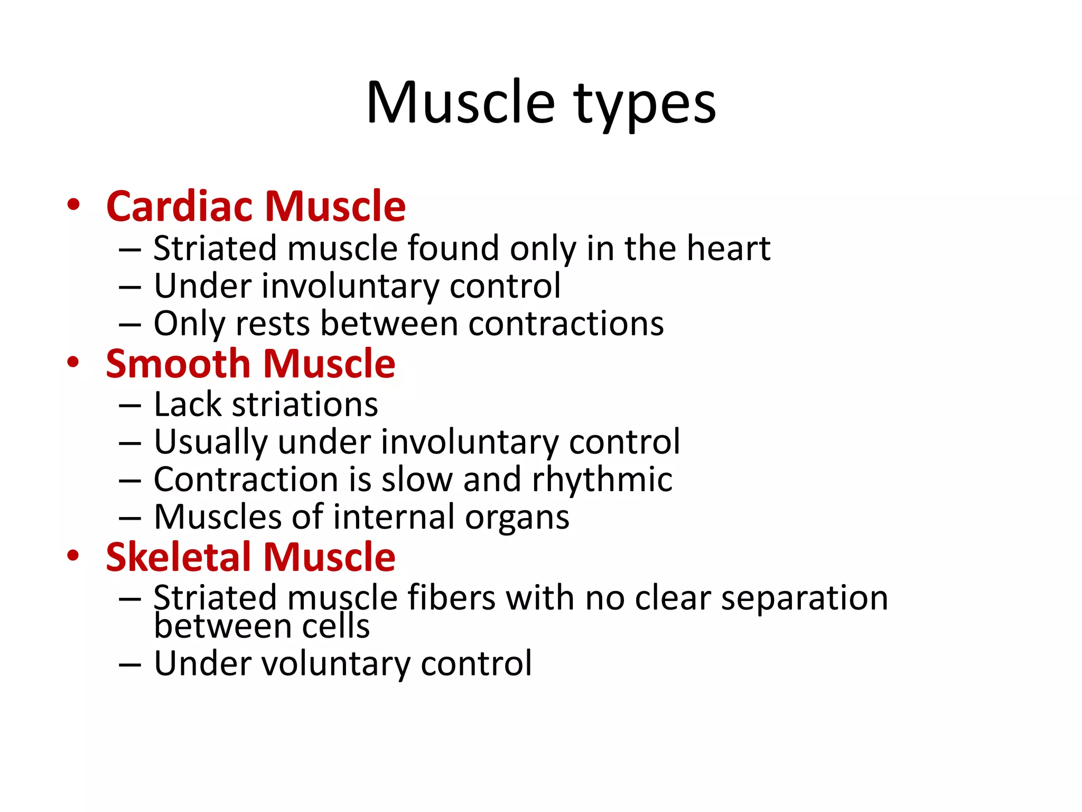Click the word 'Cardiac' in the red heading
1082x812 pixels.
181,206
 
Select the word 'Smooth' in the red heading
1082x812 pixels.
178,364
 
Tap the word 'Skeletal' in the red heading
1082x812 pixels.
178,557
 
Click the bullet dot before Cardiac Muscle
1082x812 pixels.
73,205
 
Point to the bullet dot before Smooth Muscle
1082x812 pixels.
73,363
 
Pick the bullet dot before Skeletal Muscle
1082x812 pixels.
73,556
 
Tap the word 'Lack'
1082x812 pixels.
187,404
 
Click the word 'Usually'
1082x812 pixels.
211,442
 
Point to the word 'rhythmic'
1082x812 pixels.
602,479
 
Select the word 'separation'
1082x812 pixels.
804,599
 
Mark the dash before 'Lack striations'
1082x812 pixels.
130,405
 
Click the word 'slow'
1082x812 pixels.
416,479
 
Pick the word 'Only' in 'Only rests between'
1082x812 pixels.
189,324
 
